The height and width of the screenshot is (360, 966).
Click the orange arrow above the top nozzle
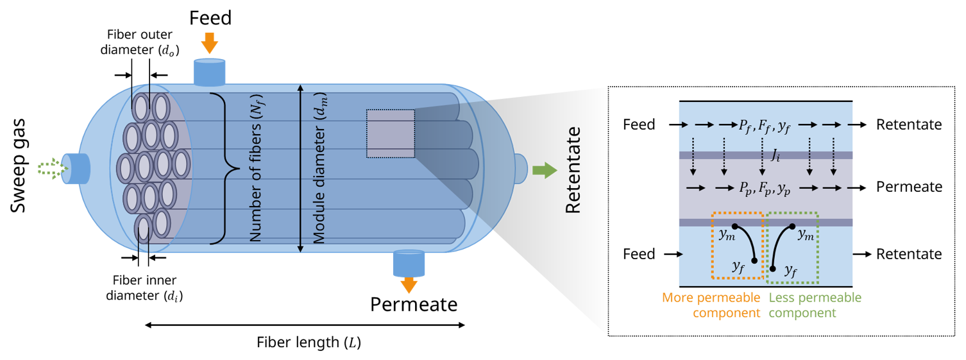(x=210, y=43)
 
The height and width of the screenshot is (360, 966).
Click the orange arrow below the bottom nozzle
(x=409, y=284)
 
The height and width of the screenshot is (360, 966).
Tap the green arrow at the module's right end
(x=545, y=171)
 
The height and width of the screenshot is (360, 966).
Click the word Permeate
(x=909, y=187)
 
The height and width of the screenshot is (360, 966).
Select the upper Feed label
(x=639, y=124)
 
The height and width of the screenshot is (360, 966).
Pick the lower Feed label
(x=639, y=254)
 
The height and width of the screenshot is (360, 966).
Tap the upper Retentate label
(x=909, y=124)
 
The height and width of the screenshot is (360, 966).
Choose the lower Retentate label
(x=909, y=254)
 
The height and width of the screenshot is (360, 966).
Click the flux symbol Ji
(x=775, y=155)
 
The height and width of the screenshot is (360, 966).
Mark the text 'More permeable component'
(x=711, y=305)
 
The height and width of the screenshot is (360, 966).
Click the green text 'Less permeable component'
(x=815, y=305)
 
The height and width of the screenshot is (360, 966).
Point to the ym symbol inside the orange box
(x=726, y=235)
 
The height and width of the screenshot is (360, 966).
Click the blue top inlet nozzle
(x=210, y=71)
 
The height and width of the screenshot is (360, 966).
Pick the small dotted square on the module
(x=390, y=133)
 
